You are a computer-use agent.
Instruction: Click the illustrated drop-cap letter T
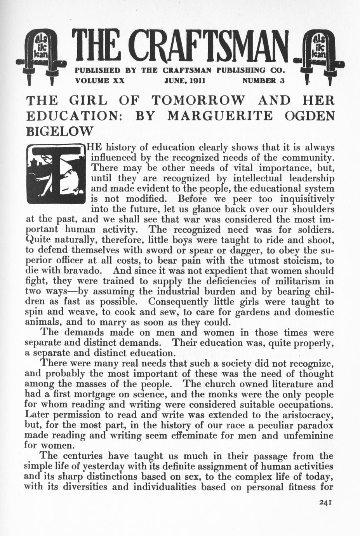click(55, 174)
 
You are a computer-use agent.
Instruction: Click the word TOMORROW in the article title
click(198, 101)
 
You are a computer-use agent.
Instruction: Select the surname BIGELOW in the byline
click(59, 131)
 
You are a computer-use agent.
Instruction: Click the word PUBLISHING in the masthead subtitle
click(241, 71)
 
